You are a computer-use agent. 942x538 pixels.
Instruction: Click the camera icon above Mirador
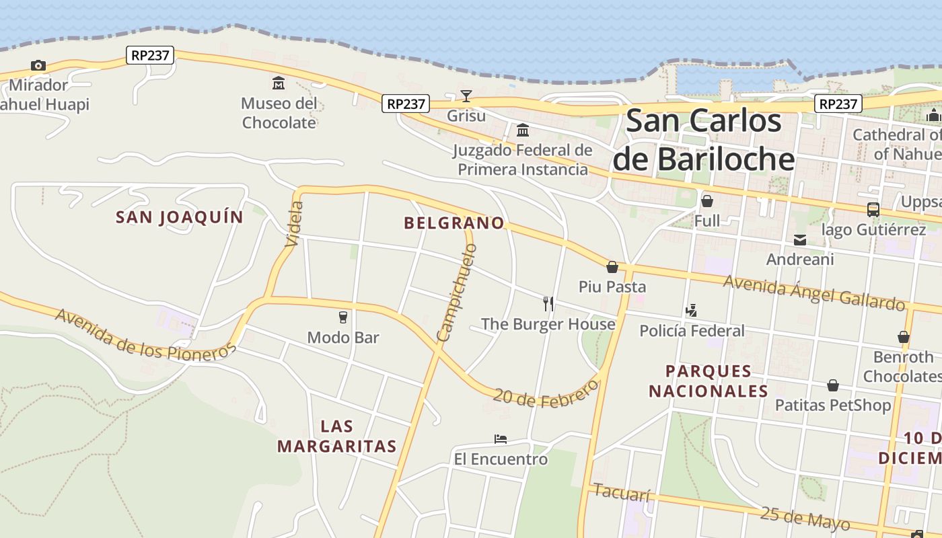coord(38,65)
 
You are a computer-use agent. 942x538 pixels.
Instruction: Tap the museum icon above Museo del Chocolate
coord(278,83)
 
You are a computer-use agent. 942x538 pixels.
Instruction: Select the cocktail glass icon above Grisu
coord(466,96)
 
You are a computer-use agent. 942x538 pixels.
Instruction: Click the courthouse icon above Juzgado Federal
coord(522,130)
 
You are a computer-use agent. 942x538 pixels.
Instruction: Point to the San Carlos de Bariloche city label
coord(704,140)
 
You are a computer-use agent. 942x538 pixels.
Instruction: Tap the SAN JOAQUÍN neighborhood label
coord(179,217)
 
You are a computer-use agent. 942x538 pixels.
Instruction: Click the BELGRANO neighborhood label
coord(454,223)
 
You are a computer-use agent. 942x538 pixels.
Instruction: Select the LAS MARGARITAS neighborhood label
coord(336,436)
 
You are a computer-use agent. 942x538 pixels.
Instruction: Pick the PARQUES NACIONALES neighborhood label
coord(708,381)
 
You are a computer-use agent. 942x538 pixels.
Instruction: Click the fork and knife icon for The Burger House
coord(548,304)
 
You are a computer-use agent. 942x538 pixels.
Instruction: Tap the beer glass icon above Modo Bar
coord(343,317)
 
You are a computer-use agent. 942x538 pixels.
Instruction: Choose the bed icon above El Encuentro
coord(500,439)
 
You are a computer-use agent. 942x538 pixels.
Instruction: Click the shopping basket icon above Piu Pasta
coord(612,267)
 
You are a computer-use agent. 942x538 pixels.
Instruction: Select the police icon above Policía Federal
coord(691,310)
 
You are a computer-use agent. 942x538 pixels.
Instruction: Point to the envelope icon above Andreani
coord(799,240)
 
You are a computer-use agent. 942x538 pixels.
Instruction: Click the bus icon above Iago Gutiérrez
coord(873,210)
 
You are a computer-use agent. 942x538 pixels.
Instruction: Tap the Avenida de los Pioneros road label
coord(146,334)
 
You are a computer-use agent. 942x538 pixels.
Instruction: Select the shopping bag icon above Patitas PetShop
coord(832,385)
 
